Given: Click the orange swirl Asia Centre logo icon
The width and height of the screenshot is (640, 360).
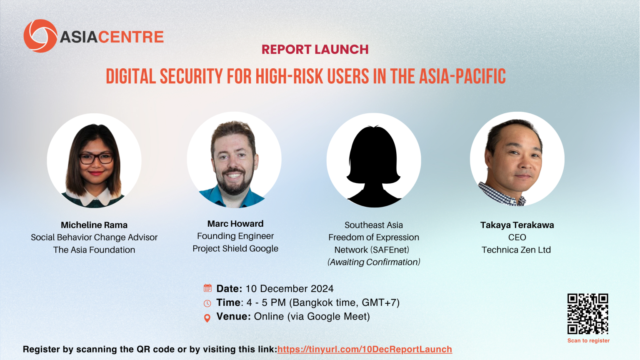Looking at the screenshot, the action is (40, 36).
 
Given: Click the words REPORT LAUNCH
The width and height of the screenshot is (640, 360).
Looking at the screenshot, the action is (315, 50).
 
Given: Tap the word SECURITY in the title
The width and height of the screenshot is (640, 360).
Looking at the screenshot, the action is (191, 77).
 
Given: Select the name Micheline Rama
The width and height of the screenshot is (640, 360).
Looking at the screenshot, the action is (94, 225).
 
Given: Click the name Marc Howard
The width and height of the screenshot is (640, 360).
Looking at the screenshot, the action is (235, 224).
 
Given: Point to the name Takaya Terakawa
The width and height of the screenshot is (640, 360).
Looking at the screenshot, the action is (517, 225).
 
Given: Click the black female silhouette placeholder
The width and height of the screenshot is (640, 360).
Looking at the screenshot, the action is (374, 166).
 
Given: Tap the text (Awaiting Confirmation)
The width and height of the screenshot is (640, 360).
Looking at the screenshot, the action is (374, 262).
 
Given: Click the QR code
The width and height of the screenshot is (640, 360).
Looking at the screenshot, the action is (588, 314).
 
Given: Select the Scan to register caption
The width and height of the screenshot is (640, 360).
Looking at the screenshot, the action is (588, 340).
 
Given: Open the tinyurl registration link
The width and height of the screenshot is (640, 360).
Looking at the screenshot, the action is (365, 350).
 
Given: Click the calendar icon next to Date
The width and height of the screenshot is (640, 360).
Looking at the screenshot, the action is (208, 288).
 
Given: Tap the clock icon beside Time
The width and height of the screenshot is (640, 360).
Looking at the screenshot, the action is (207, 303).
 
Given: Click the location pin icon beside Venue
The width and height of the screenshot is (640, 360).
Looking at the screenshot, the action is (207, 318).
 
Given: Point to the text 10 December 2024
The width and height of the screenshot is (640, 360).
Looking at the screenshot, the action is (290, 289).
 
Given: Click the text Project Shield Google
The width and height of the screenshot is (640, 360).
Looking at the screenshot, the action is (235, 249).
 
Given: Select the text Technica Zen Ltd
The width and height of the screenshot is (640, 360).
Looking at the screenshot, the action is (516, 250).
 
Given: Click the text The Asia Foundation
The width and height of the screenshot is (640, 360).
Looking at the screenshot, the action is (94, 250).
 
